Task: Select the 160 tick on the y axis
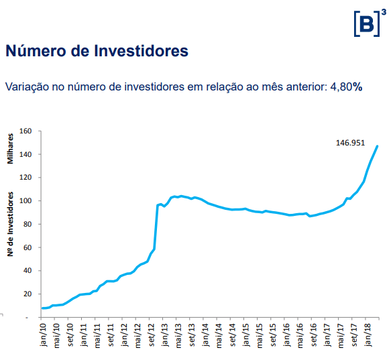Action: coord(27,131)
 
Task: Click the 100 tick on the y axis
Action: coord(27,201)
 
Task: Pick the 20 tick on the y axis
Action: coord(29,294)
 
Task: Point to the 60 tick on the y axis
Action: coord(29,247)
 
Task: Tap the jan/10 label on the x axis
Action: coord(43,335)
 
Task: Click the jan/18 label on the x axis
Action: coord(368,335)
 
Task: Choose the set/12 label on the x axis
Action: coord(152,335)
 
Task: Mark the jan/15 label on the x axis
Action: coord(245,335)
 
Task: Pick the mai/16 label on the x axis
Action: coord(300,335)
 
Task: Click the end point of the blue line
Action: coord(377,146)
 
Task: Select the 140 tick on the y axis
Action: coord(27,154)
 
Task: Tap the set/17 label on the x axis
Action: coord(354,335)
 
